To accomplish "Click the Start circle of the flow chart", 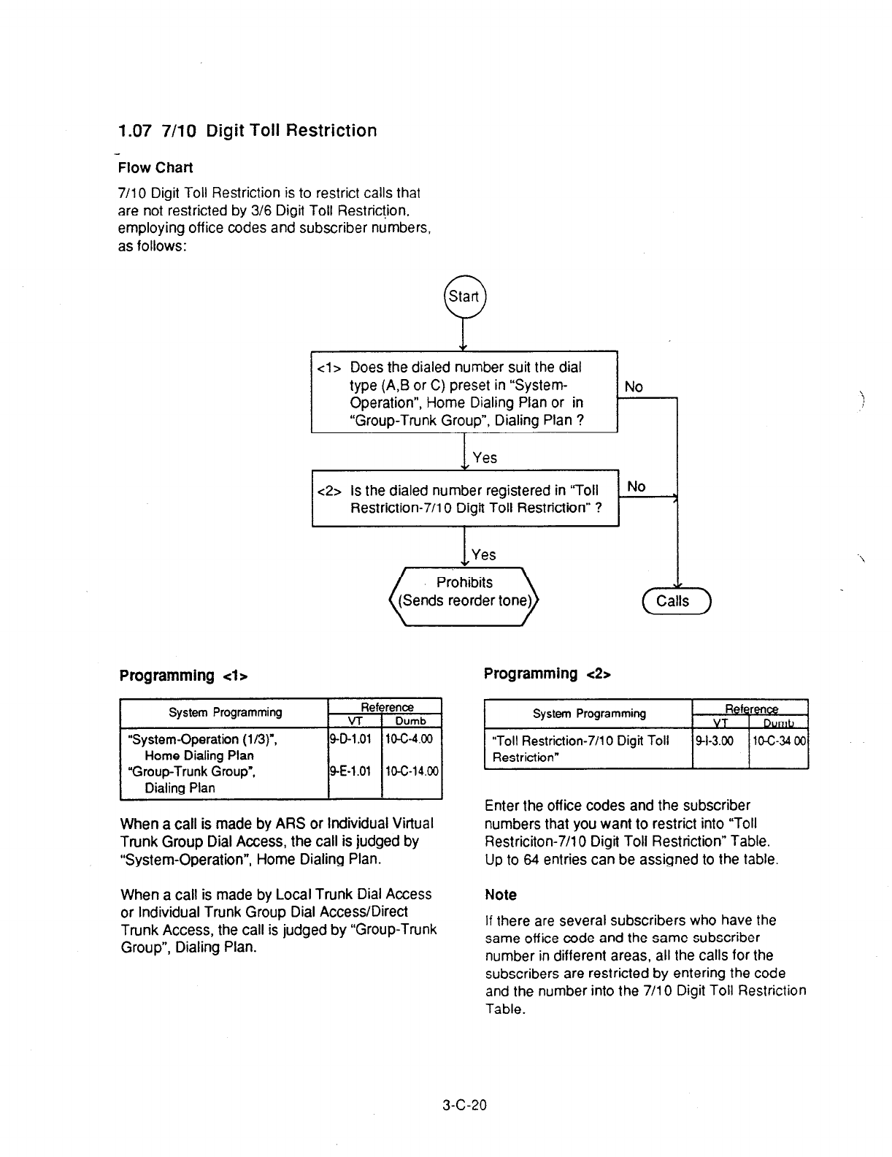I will click(x=464, y=297).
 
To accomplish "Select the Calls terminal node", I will click(x=675, y=601).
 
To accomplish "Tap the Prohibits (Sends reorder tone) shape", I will click(x=464, y=592).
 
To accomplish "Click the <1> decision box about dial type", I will click(x=464, y=393).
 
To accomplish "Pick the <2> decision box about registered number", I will click(x=465, y=498).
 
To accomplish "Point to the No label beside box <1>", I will click(x=634, y=387).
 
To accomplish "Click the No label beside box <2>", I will click(x=636, y=486).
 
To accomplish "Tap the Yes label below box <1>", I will click(x=485, y=458).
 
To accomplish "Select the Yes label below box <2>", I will click(x=483, y=555).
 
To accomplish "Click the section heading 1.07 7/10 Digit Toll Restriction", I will click(x=247, y=131).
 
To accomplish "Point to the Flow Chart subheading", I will click(x=155, y=168).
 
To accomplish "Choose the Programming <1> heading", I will click(x=184, y=676).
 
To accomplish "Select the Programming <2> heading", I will click(x=547, y=673).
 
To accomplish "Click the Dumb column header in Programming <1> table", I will click(x=410, y=721).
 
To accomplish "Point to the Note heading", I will click(x=501, y=895).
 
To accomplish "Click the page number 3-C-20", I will click(x=464, y=1104).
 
